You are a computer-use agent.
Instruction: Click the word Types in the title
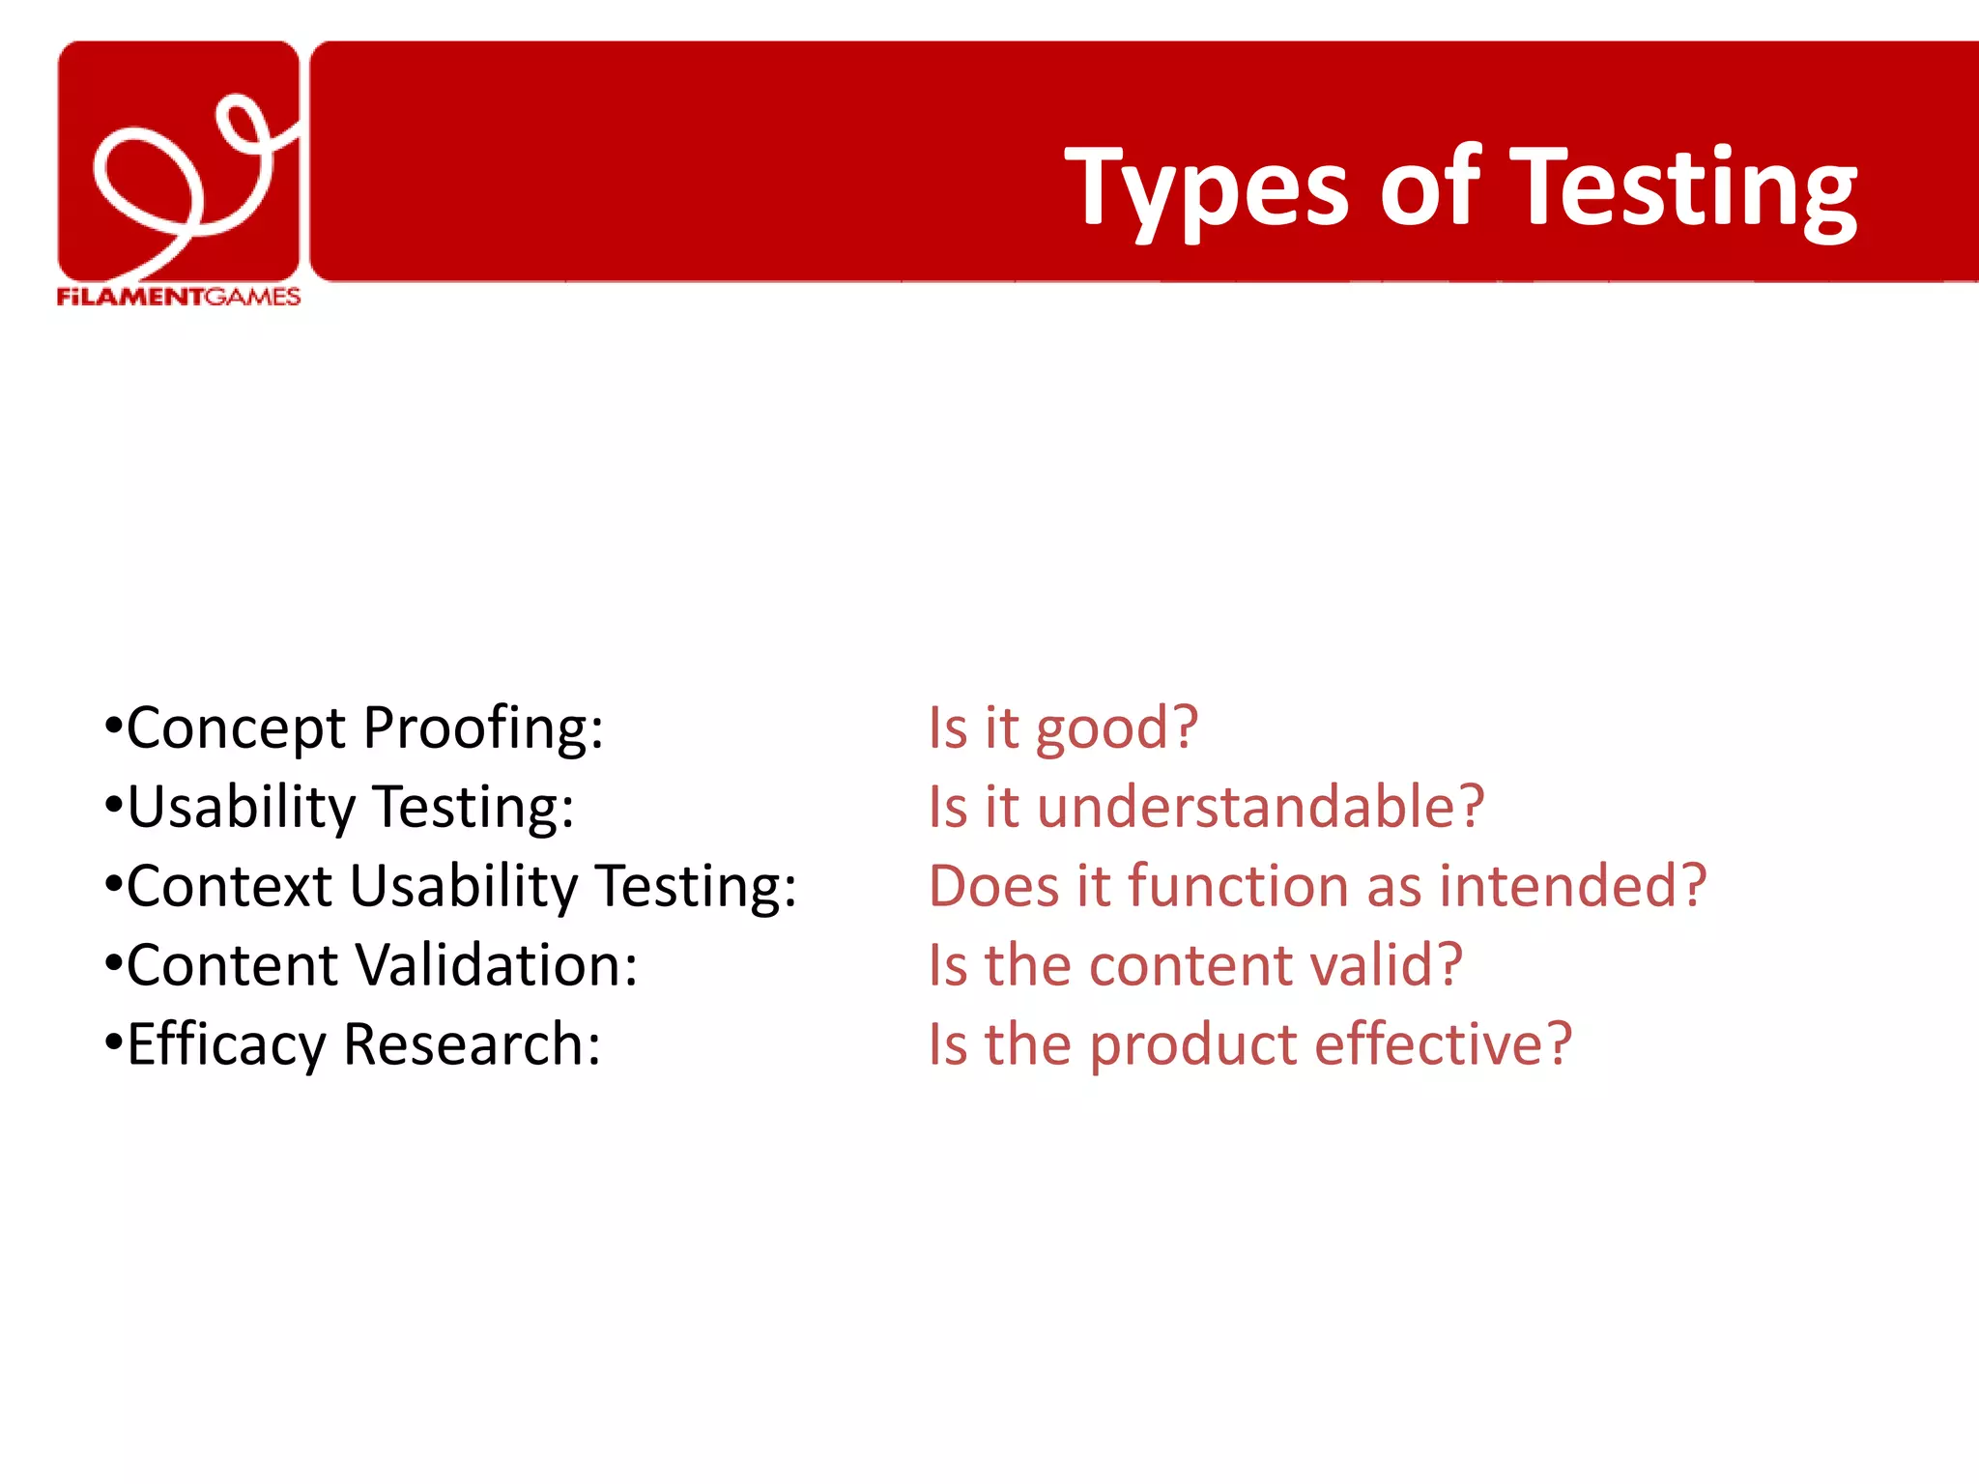click(x=1206, y=188)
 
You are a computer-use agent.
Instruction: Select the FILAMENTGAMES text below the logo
click(x=179, y=297)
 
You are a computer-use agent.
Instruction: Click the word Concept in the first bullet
click(x=235, y=729)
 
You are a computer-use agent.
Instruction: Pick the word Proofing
click(x=483, y=729)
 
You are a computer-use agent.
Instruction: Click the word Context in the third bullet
click(x=230, y=887)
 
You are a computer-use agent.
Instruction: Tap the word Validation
click(x=497, y=966)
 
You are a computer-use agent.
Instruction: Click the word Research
click(x=472, y=1045)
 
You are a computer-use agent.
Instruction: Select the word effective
click(x=1443, y=1045)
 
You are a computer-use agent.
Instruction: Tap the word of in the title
click(x=1430, y=188)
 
